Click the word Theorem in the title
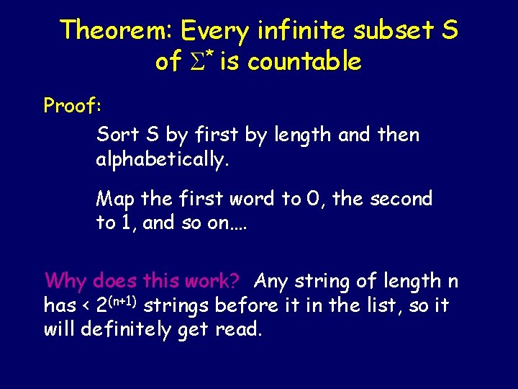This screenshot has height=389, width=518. coord(115,30)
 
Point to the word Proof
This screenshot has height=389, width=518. coord(72,106)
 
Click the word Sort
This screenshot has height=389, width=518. coord(117,135)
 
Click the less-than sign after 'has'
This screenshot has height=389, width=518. coord(86,306)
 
